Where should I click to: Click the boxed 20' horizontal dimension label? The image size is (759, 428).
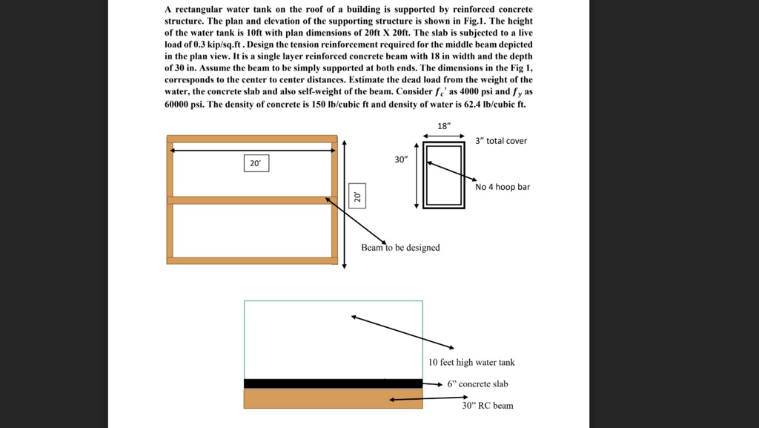[256, 163]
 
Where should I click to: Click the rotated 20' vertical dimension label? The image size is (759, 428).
[357, 197]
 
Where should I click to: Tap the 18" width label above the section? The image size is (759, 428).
[443, 126]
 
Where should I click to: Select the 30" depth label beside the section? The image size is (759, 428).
[400, 159]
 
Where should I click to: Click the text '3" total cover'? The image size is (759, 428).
[502, 141]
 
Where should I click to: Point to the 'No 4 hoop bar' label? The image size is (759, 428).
[503, 187]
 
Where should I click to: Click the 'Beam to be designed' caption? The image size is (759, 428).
[400, 248]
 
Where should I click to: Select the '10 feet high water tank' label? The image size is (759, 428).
[471, 363]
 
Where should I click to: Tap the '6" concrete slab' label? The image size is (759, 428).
[477, 384]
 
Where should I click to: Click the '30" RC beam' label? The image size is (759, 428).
[488, 406]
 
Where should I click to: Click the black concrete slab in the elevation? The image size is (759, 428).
[333, 383]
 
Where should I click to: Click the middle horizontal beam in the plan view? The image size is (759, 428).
[252, 200]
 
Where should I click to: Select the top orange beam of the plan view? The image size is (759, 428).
[252, 139]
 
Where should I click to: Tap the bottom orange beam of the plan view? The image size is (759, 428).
[252, 260]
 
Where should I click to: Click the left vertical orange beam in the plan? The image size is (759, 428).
[170, 200]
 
